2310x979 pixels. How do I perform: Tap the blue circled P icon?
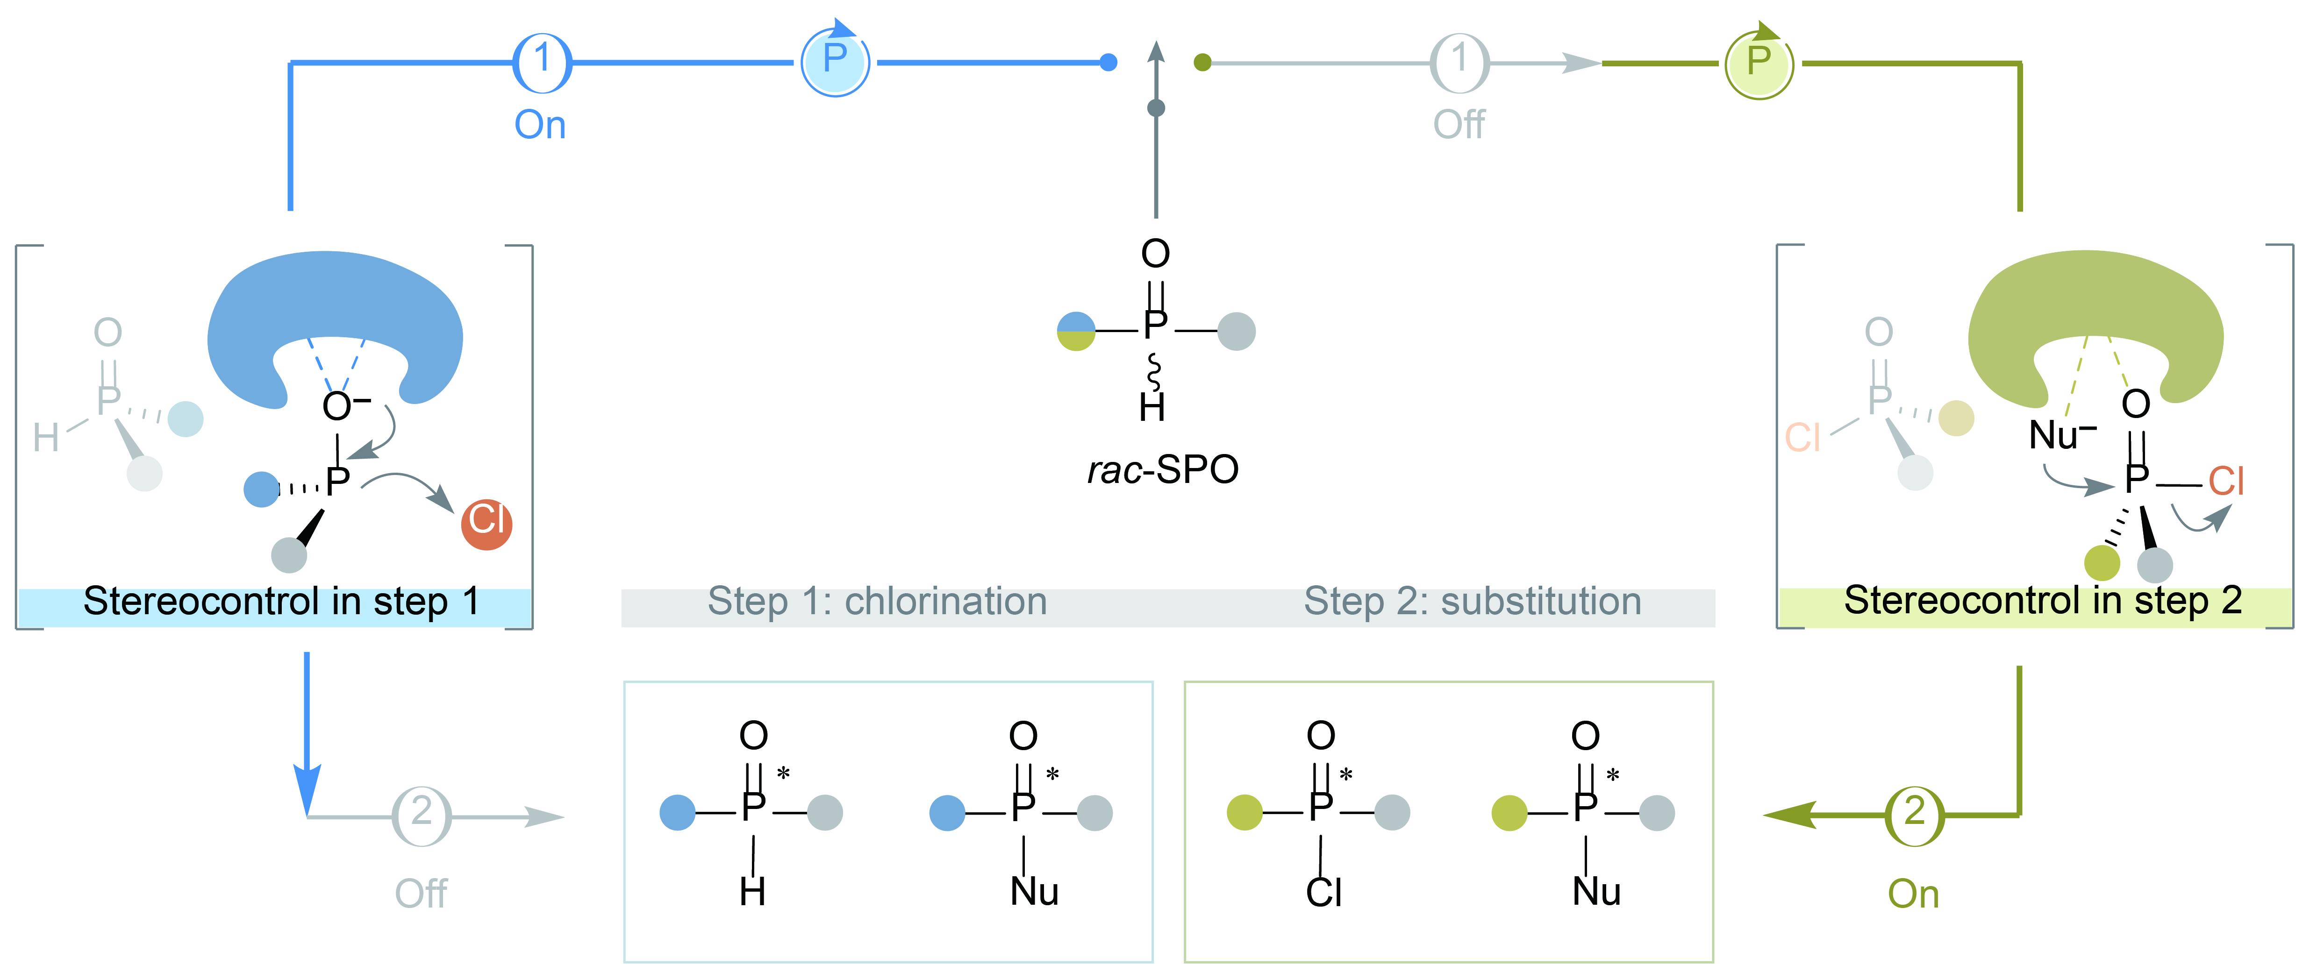[x=835, y=62]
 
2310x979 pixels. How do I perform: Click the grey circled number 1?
[x=1459, y=63]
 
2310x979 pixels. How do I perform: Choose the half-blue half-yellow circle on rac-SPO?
[x=1076, y=331]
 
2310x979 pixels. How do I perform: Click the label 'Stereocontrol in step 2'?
[x=2042, y=601]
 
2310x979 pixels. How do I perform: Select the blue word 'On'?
[x=540, y=125]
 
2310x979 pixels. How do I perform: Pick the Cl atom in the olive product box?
[x=1323, y=892]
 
